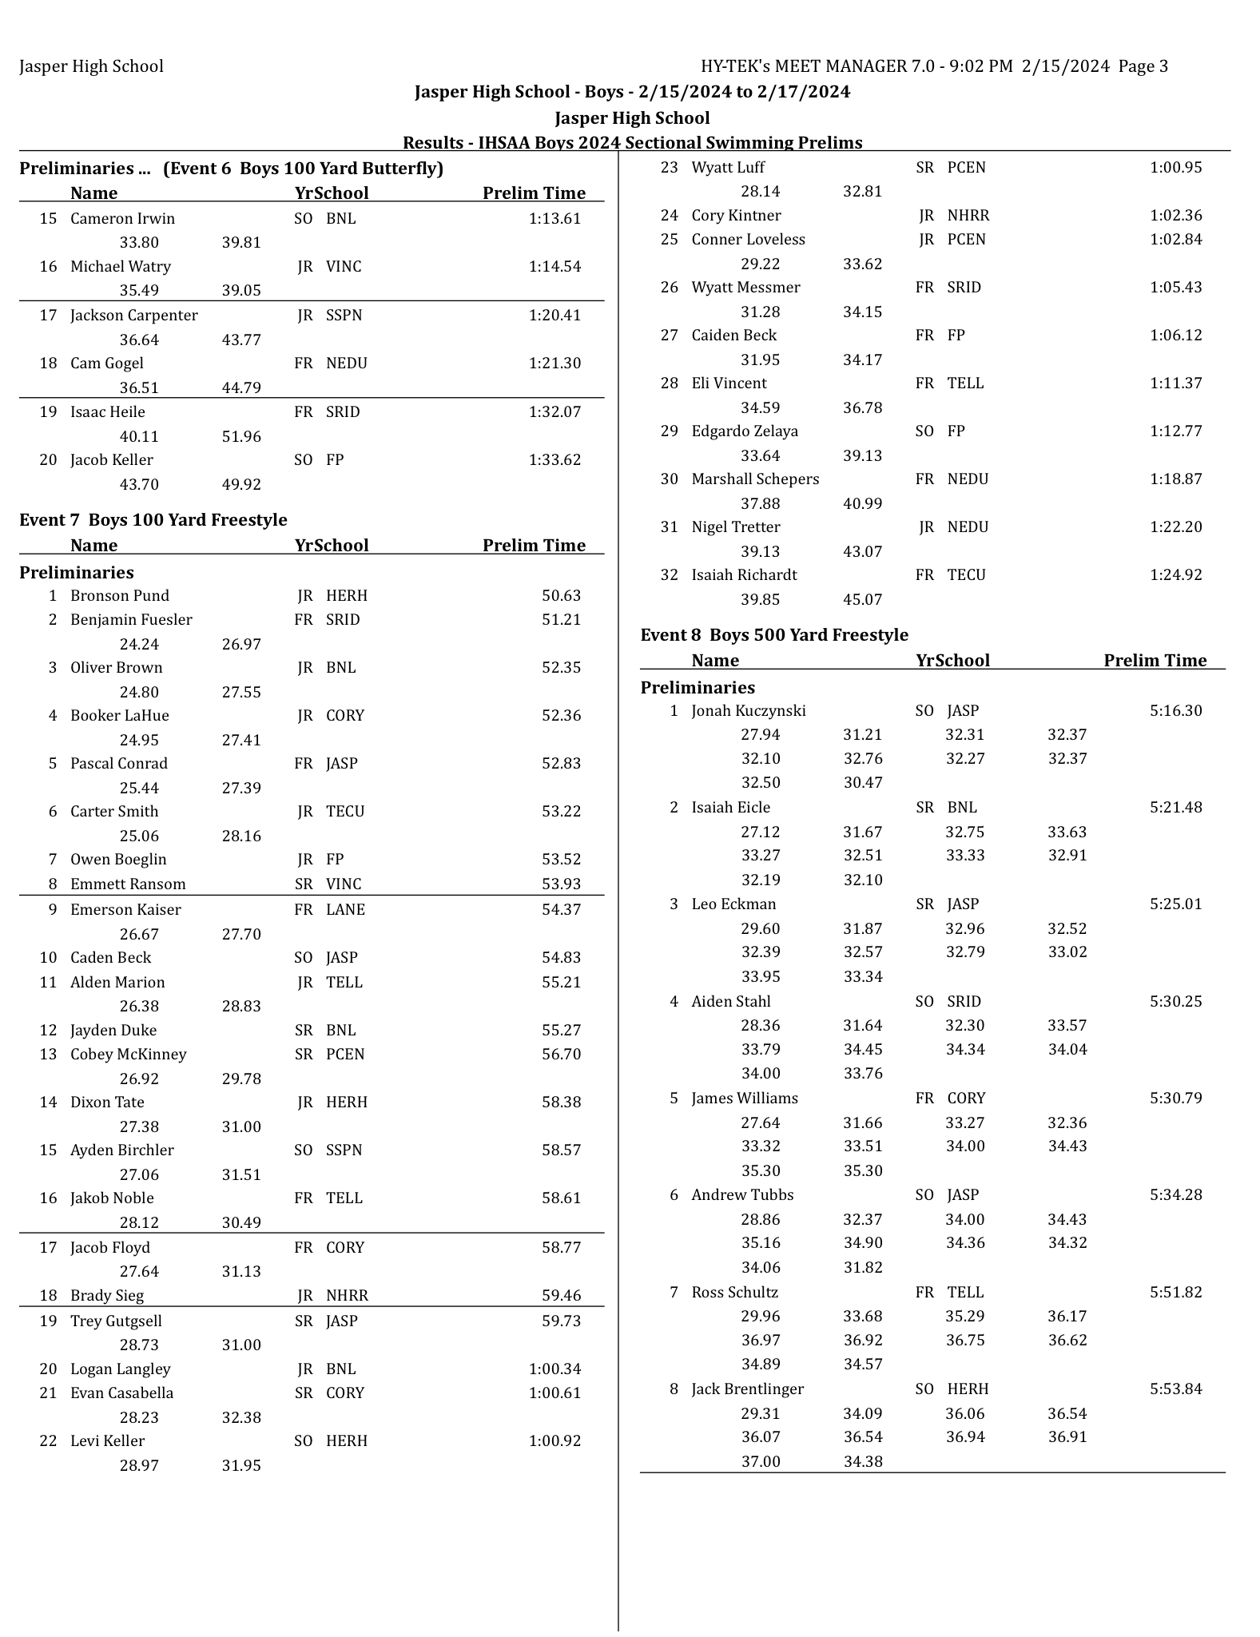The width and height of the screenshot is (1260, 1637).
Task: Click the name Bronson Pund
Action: point(120,596)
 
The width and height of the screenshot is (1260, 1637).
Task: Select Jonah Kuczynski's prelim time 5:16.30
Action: point(1175,711)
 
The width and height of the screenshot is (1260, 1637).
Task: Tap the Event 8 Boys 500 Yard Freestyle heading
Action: point(773,635)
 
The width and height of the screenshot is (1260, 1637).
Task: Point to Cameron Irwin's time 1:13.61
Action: point(554,219)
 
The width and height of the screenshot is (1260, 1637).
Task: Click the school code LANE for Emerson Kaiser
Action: point(345,910)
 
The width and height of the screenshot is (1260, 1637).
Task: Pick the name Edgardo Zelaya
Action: point(744,431)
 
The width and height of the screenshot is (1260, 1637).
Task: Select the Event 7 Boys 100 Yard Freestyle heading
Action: point(153,520)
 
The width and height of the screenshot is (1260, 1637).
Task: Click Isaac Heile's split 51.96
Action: point(241,437)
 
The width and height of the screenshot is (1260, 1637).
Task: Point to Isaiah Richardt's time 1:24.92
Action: point(1175,575)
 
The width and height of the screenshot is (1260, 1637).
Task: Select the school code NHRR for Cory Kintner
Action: point(968,216)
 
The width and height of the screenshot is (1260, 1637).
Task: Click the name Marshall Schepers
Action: point(754,479)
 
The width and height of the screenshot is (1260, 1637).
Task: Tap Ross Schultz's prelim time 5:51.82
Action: point(1175,1293)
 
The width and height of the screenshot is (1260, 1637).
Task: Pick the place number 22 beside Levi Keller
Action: point(48,1441)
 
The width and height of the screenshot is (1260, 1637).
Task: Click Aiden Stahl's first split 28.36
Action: point(760,1026)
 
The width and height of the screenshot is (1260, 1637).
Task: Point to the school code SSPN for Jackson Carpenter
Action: point(344,316)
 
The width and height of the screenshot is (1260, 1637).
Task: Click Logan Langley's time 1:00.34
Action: point(554,1369)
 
